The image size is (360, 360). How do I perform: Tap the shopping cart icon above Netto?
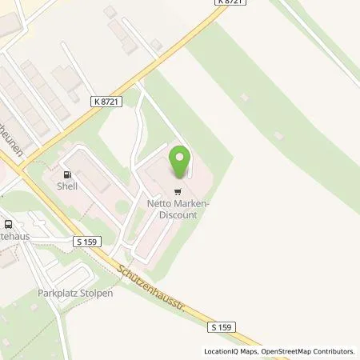[178, 191]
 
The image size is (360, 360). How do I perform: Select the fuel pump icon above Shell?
[66, 174]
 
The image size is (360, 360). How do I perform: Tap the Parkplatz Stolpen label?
[75, 293]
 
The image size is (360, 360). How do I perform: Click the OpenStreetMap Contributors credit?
[310, 351]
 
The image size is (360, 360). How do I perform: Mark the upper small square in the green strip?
[243, 98]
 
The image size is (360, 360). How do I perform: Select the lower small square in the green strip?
[278, 136]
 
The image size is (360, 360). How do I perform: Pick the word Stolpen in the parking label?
[97, 293]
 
